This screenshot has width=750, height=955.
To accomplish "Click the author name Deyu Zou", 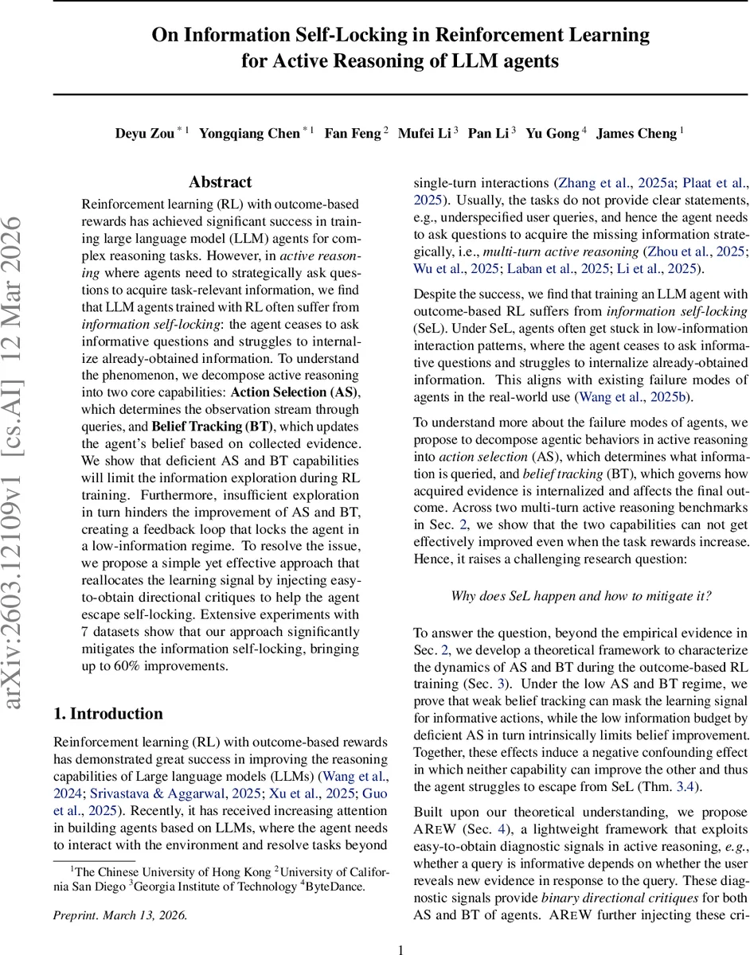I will click(x=145, y=134).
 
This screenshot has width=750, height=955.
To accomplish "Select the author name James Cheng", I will click(x=636, y=134).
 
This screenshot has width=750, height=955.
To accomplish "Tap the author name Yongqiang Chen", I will click(x=249, y=134).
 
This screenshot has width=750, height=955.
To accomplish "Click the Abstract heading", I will click(x=220, y=182).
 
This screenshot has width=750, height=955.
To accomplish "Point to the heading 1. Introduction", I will click(x=107, y=713).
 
